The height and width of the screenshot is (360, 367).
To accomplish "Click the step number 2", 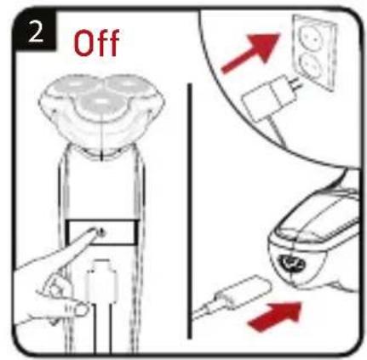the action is [36, 32].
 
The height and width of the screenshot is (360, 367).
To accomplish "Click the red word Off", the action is [96, 43].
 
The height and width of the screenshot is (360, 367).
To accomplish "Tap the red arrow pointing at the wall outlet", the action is [249, 53].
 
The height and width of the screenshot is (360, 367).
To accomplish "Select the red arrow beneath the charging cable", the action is [273, 316].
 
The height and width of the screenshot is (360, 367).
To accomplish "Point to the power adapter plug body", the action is [269, 99].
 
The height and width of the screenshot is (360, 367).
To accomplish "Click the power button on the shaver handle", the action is [101, 232].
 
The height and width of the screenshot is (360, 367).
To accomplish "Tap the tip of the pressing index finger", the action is [95, 231].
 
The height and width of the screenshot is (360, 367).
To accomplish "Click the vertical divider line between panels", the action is [189, 210].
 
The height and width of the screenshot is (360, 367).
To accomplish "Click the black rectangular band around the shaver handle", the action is [101, 232].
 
